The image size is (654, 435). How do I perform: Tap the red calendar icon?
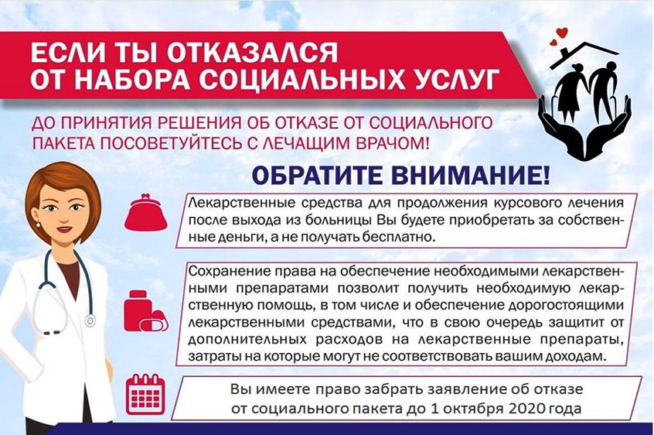[145, 395]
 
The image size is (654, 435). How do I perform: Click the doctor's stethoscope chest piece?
[90, 319]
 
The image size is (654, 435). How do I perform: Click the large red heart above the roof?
[563, 33]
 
